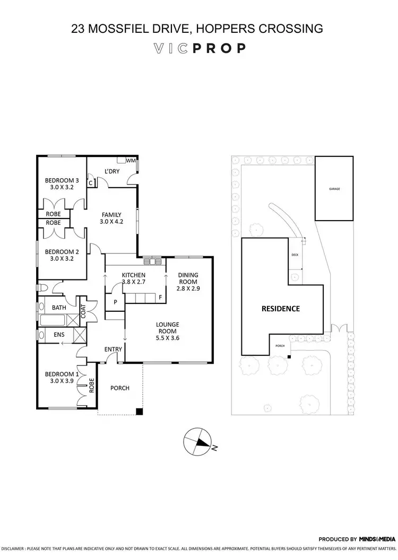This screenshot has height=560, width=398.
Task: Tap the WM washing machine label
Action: click(x=131, y=160)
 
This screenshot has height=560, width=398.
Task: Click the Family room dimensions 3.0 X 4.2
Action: click(x=112, y=222)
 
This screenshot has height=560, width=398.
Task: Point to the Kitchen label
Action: click(x=134, y=275)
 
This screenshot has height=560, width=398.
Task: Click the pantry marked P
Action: click(x=115, y=302)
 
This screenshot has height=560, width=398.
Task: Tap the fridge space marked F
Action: click(x=159, y=297)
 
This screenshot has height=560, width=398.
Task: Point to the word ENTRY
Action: click(x=114, y=349)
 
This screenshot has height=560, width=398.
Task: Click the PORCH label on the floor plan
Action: click(x=120, y=388)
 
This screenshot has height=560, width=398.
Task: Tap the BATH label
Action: click(x=58, y=307)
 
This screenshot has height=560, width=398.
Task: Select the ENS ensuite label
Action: click(x=58, y=335)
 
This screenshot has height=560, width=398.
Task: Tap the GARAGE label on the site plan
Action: click(x=334, y=189)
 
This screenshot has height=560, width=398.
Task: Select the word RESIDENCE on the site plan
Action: click(x=280, y=308)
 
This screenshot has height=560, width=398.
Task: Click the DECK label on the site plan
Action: click(x=295, y=255)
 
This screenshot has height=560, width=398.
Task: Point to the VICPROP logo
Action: click(x=199, y=48)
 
